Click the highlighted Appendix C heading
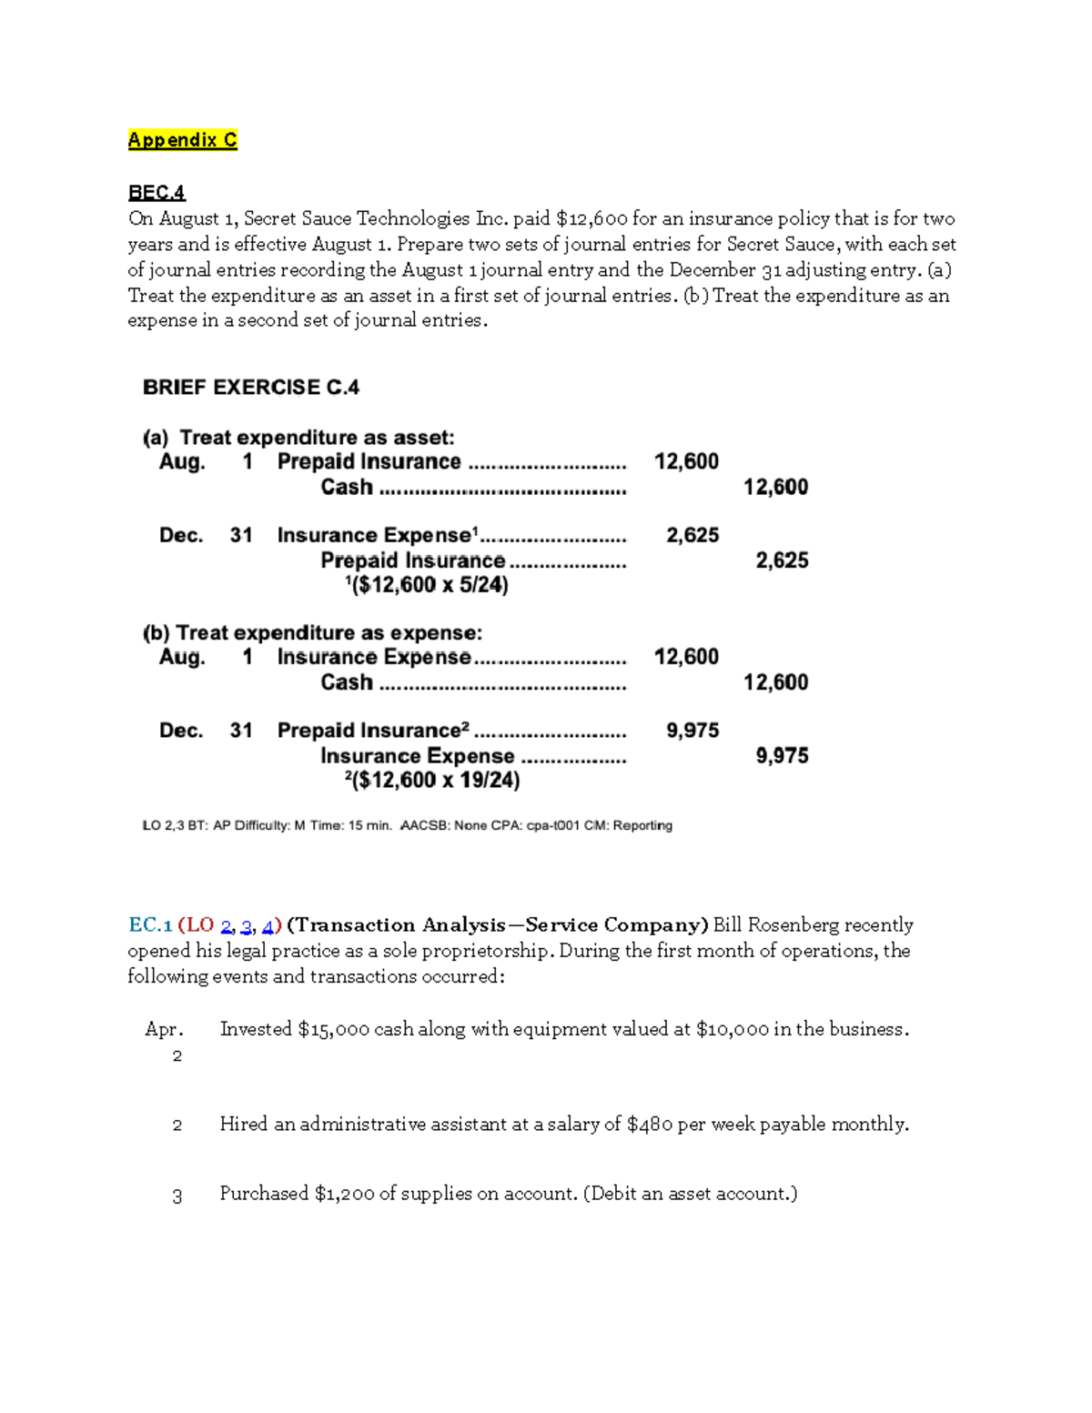(x=182, y=140)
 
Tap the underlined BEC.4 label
(x=157, y=193)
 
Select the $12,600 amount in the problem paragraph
(x=591, y=219)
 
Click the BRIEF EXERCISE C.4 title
(x=251, y=388)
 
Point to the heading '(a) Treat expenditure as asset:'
(x=298, y=438)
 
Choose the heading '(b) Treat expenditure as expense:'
(x=312, y=633)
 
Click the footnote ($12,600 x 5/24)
(x=427, y=585)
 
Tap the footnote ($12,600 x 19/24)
(x=432, y=781)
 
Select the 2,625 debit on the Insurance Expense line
(x=692, y=536)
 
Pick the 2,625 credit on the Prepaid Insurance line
(x=782, y=560)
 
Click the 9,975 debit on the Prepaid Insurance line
(x=692, y=731)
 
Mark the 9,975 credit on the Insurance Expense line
(x=782, y=756)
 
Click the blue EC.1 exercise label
(x=150, y=925)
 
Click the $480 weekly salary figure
(x=650, y=1125)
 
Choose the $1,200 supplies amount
(x=344, y=1194)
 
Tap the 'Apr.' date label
(x=164, y=1030)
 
